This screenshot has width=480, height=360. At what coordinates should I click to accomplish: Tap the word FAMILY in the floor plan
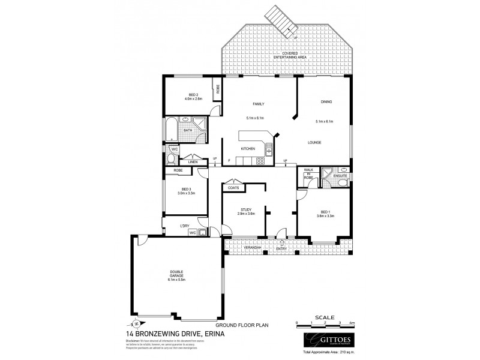pos(259,104)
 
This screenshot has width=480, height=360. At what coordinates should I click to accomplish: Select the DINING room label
pos(326,101)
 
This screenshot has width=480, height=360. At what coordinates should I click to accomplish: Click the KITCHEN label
pos(248,148)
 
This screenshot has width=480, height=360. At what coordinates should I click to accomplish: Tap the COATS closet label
pos(233,188)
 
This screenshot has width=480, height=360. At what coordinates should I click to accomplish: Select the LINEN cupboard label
pos(193,162)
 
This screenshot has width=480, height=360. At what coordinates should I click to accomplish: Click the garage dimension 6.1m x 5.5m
pos(177,280)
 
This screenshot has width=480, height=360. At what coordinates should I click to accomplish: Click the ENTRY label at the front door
pos(281,248)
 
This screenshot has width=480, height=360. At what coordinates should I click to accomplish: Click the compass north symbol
pos(136,325)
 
